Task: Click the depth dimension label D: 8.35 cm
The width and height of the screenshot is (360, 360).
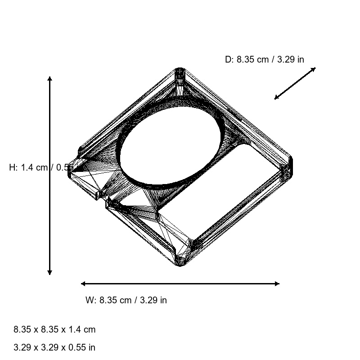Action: pyautogui.click(x=264, y=59)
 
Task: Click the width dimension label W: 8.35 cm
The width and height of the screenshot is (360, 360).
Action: pyautogui.click(x=126, y=300)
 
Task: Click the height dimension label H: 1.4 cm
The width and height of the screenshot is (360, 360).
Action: pyautogui.click(x=40, y=167)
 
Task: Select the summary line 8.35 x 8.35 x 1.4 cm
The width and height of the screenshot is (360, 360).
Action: pyautogui.click(x=54, y=329)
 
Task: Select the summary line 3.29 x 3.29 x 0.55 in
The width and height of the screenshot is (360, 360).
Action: pyautogui.click(x=54, y=347)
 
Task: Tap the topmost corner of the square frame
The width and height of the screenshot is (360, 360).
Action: pyautogui.click(x=180, y=70)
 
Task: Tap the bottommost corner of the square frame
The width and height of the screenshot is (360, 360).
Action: pyautogui.click(x=180, y=265)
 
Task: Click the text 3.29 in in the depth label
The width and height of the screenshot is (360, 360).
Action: pyautogui.click(x=291, y=59)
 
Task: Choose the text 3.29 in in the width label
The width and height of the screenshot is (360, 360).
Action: pyautogui.click(x=153, y=300)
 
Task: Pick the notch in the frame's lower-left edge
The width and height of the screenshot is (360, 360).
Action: pyautogui.click(x=102, y=197)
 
